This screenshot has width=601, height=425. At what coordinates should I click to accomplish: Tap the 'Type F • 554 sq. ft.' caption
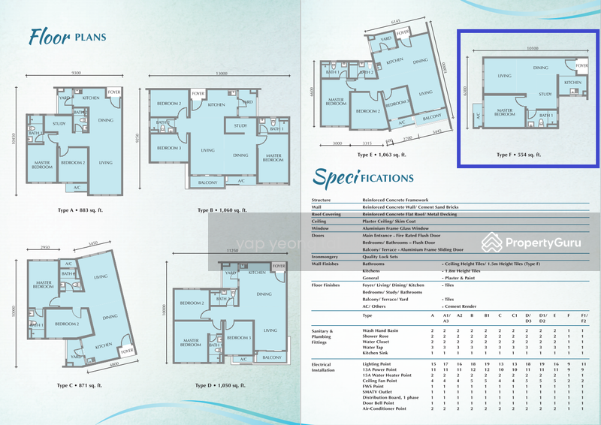[x=519, y=155]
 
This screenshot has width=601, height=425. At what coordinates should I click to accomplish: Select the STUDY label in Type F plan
[x=545, y=95]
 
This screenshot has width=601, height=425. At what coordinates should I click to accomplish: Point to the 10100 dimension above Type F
[x=533, y=48]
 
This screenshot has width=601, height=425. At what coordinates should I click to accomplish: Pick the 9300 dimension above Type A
[x=77, y=73]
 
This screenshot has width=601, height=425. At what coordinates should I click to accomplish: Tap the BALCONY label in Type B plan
[x=207, y=182]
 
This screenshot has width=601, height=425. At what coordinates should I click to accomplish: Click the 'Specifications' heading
[x=364, y=177]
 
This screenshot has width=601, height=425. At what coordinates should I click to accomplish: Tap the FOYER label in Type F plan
[x=583, y=65]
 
